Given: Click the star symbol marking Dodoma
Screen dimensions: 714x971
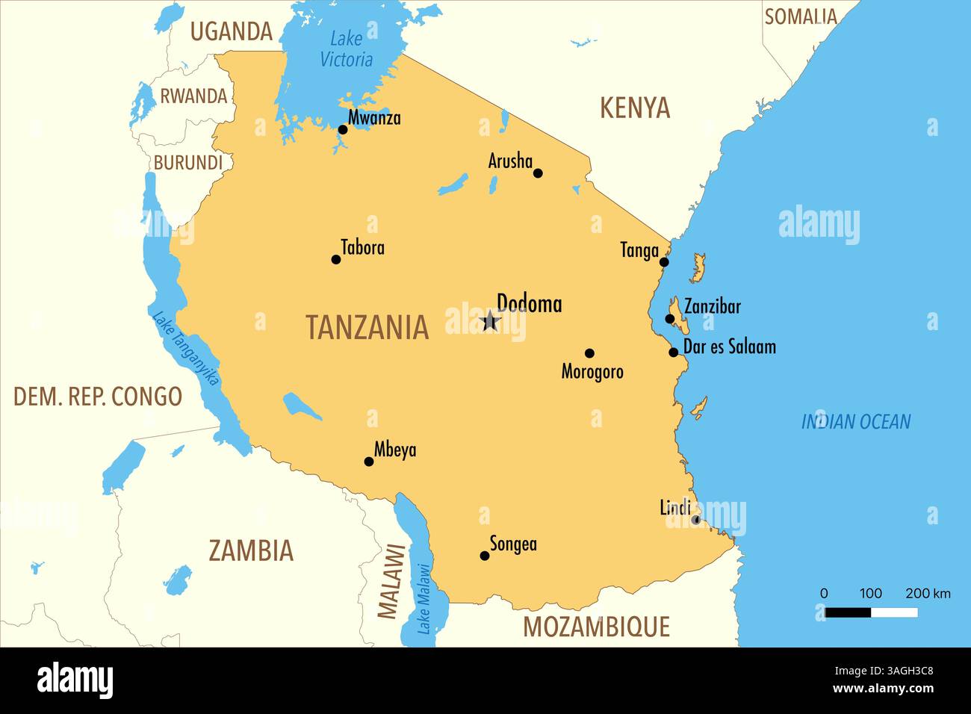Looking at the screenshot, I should tap(490, 321).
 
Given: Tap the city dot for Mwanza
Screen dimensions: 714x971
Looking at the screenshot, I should tap(343, 129).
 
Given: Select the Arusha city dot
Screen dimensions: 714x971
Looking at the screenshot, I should tap(538, 173).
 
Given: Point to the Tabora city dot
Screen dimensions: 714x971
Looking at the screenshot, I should tap(336, 259).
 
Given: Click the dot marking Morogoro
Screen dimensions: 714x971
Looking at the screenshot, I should tap(589, 353).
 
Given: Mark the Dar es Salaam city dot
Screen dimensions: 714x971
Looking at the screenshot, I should tap(673, 352).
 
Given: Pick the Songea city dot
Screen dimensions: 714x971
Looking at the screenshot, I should tap(485, 556).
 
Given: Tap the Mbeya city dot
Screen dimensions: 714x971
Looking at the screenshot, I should tap(368, 462).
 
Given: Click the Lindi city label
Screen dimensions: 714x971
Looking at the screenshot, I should tap(674, 508).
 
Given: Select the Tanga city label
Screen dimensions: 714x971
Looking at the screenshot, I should tap(639, 250).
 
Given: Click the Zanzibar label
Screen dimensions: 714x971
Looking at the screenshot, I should tap(713, 306).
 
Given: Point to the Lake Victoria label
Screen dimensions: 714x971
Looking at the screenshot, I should tap(346, 49).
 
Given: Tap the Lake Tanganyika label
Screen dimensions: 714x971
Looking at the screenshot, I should tap(186, 349).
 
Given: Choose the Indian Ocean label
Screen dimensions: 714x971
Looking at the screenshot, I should tap(856, 422).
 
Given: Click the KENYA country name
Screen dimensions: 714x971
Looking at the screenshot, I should tap(635, 108).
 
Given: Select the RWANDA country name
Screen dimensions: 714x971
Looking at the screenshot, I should tap(193, 96).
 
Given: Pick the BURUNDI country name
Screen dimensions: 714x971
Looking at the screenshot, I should tap(188, 163).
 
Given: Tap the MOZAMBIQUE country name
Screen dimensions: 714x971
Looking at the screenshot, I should tap(596, 627).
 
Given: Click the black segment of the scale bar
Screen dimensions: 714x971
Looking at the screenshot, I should tap(848, 612).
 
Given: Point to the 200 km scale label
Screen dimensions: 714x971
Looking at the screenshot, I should tap(928, 594).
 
